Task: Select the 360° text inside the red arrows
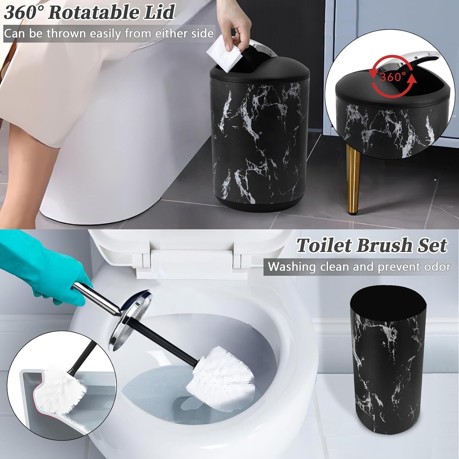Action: point(393,76)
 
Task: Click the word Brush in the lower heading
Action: point(382,246)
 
